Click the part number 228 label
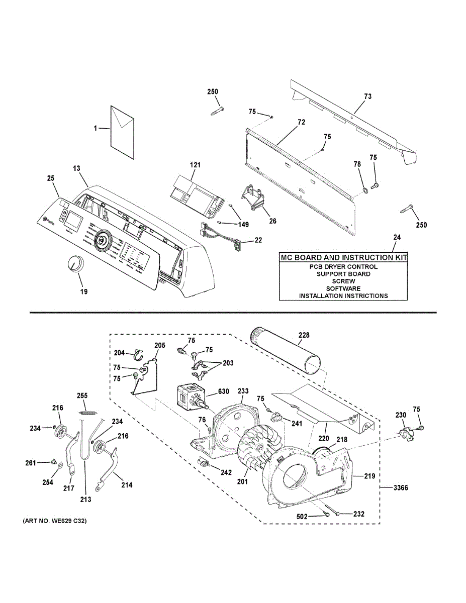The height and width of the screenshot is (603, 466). pos(304,335)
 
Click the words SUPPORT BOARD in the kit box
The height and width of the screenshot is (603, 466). pos(343,274)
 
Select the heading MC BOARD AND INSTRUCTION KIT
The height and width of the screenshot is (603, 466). pos(343,258)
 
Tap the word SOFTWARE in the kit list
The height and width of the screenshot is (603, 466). pos(343,288)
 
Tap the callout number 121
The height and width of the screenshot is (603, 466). pos(195,165)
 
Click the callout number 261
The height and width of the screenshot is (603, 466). pos(31,462)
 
